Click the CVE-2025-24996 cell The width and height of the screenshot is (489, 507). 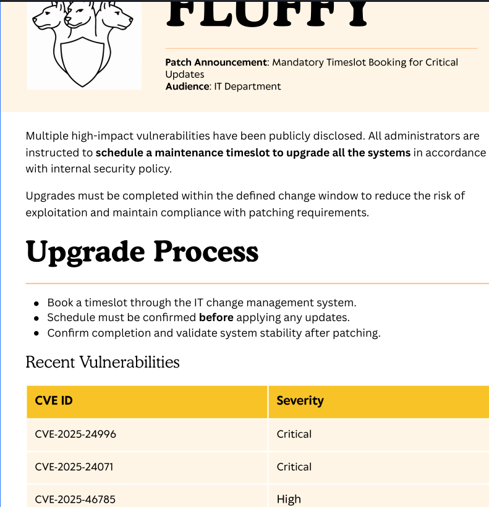pyautogui.click(x=75, y=434)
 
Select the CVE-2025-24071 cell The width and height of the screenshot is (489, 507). pyautogui.click(x=74, y=467)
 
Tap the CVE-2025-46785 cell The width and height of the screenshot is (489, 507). pyautogui.click(x=75, y=499)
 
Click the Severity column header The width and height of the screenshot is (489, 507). pyautogui.click(x=300, y=401)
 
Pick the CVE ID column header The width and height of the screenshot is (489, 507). pyautogui.click(x=54, y=401)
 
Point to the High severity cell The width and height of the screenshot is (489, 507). pyautogui.click(x=289, y=499)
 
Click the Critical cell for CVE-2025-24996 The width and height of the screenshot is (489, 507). pyautogui.click(x=294, y=434)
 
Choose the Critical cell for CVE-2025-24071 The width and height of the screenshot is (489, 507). pyautogui.click(x=294, y=467)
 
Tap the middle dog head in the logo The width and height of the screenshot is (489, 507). pyautogui.click(x=80, y=15)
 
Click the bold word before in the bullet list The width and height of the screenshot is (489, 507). pyautogui.click(x=216, y=317)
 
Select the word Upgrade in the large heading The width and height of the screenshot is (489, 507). pyautogui.click(x=85, y=252)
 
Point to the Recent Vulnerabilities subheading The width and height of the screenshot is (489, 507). pyautogui.click(x=103, y=362)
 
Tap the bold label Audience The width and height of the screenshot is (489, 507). pyautogui.click(x=187, y=86)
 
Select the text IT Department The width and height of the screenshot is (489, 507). pyautogui.click(x=247, y=86)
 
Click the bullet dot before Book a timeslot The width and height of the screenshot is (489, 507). pyautogui.click(x=36, y=303)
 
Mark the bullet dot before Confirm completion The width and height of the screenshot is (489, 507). pyautogui.click(x=36, y=333)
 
